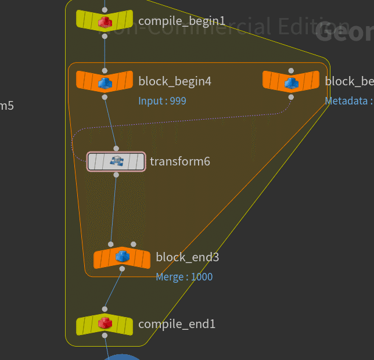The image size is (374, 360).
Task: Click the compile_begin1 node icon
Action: click(x=105, y=21)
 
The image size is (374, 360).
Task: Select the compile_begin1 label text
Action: click(x=182, y=21)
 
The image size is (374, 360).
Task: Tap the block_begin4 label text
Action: click(x=175, y=81)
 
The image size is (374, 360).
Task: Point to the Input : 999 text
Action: click(x=162, y=101)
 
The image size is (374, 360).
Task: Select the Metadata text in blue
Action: click(x=346, y=101)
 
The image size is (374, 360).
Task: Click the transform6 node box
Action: click(x=116, y=161)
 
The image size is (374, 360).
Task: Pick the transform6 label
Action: click(x=180, y=161)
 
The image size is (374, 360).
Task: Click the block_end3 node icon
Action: click(x=122, y=257)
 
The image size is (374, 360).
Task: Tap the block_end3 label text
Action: click(x=188, y=257)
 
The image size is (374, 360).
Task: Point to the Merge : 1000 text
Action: click(x=184, y=277)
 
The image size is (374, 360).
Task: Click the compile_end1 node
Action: click(x=105, y=323)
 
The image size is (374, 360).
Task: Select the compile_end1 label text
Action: click(x=177, y=323)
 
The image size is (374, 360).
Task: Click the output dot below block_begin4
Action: click(x=105, y=97)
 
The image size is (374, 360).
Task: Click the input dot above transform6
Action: click(x=116, y=149)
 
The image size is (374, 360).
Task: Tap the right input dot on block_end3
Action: click(x=134, y=244)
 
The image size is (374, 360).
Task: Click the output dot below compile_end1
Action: click(x=105, y=336)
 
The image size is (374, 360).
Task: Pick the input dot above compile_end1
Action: click(x=105, y=309)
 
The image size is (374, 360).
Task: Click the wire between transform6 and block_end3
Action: click(x=113, y=209)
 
